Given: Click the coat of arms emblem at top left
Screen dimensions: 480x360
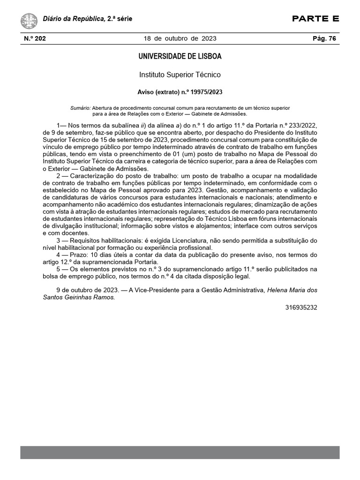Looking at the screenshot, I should coord(30,21).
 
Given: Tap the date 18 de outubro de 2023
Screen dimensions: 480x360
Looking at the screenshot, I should coord(180,39).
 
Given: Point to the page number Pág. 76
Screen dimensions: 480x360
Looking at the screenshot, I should coord(324,39).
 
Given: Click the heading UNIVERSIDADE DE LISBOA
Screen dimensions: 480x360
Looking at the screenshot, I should coord(180,57).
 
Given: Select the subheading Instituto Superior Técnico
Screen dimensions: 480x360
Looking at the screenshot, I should coord(180,75).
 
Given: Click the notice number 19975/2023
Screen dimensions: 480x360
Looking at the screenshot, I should coord(205,92).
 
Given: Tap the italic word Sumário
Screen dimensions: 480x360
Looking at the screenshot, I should coord(80,108).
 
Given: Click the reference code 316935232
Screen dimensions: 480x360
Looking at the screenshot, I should coord(301,307).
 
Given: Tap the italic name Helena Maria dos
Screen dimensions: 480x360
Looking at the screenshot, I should coord(292,290).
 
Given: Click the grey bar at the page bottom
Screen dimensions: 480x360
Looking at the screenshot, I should coord(180,452).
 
